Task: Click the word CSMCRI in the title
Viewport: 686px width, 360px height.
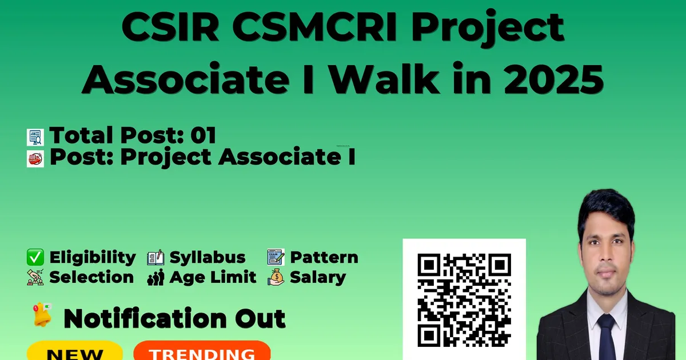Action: pos(314,27)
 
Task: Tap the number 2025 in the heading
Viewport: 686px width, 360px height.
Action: pos(553,79)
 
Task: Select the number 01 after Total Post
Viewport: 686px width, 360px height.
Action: pos(203,135)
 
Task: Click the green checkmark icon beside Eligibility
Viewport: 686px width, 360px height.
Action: pos(35,257)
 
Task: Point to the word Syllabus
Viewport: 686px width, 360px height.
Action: pos(208,258)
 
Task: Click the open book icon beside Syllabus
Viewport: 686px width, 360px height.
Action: pos(155,258)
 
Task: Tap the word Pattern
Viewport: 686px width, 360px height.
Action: pos(324,257)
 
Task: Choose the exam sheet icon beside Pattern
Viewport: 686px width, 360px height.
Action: pos(276,257)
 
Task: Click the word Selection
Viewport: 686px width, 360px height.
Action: pos(91,277)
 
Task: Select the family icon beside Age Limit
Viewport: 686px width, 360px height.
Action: pos(155,277)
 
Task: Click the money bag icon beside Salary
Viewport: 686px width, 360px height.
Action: pos(276,277)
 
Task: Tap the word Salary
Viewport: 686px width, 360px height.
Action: pos(318,278)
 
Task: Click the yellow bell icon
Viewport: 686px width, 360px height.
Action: pos(42,315)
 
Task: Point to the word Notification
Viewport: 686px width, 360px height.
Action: pos(145,318)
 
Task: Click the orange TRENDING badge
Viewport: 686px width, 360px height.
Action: pos(202,351)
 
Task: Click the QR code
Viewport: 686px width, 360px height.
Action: pos(464,300)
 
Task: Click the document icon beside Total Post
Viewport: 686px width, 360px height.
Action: pos(35,137)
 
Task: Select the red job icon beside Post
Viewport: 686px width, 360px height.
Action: pos(35,159)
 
